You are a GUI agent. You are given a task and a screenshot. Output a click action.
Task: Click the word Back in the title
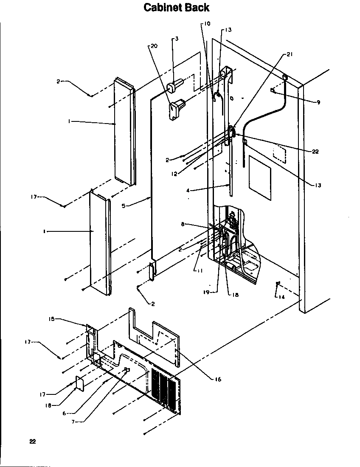coord(197,8)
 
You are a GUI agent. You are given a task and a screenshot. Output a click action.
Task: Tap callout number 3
coord(176,39)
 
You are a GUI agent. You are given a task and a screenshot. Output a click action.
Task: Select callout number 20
coord(154,46)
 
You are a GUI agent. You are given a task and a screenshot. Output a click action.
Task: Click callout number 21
coord(290,54)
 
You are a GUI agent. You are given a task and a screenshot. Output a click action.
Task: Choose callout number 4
coord(188,191)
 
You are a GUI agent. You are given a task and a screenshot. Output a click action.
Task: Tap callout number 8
coord(183,224)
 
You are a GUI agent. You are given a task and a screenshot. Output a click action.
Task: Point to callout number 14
coord(281,297)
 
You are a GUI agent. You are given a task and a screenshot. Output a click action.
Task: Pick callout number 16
coord(217,379)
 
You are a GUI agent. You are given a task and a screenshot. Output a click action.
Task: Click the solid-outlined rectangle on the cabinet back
coord(259,177)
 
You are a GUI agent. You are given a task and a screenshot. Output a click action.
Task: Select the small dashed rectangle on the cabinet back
coord(281,153)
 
